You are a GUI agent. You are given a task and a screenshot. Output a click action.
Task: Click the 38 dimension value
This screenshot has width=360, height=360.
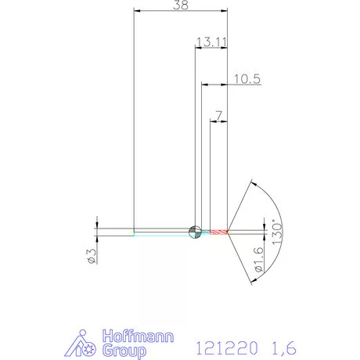[181, 5]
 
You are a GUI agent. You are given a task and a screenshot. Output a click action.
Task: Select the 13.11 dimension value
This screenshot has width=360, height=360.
[211, 41]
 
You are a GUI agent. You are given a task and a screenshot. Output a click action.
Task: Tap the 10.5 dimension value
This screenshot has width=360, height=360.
[246, 78]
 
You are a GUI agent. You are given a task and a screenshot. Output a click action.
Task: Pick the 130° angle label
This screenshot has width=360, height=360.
[275, 232]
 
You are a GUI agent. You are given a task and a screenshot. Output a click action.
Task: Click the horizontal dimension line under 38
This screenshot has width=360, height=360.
[181, 12]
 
